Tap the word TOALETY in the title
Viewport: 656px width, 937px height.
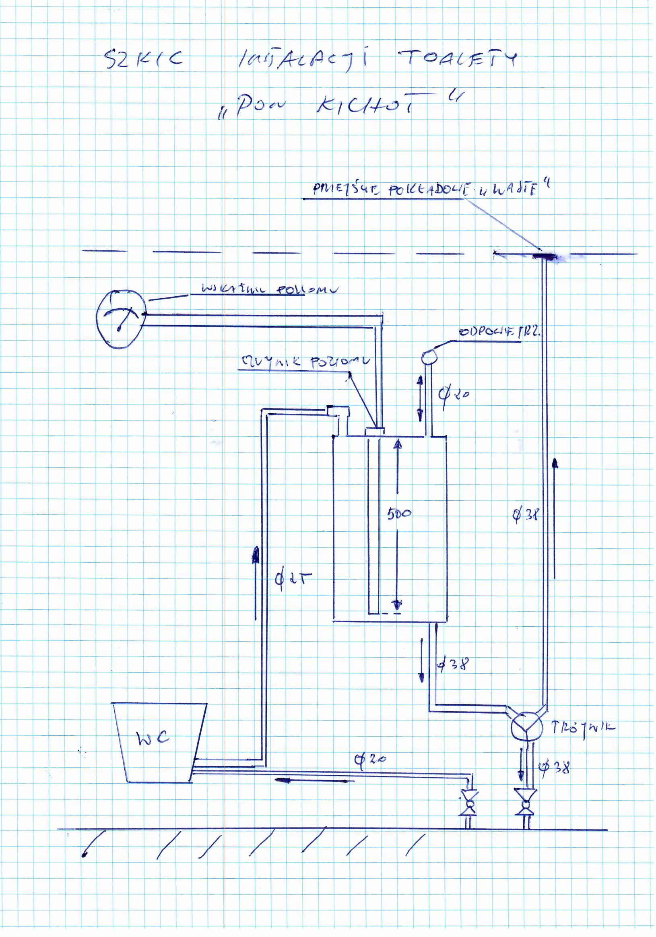457,59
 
